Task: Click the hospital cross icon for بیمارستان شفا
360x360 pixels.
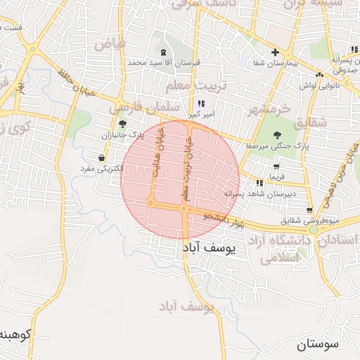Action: point(275,52)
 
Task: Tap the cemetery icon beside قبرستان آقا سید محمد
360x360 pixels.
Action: point(164,52)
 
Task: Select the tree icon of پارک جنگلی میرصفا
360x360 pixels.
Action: point(276,134)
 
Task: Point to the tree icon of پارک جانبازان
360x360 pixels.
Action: point(122,123)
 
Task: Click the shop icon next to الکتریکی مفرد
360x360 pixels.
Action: point(103,157)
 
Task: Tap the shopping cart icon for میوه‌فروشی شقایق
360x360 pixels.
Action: point(309,210)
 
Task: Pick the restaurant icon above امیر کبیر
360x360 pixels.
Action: point(202,103)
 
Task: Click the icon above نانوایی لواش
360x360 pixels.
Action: point(320,74)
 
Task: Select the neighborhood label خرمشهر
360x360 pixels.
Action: point(269,110)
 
